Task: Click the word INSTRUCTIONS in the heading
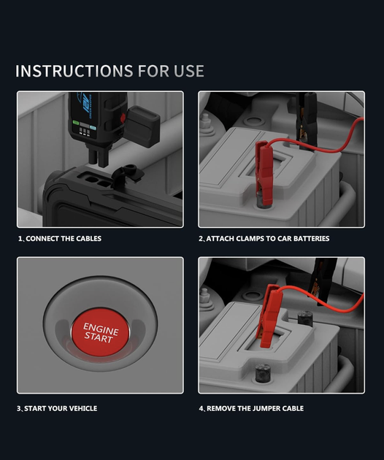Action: pos(74,71)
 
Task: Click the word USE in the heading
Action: pos(189,71)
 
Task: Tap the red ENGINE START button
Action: pos(100,332)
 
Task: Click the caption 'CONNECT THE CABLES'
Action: pos(64,239)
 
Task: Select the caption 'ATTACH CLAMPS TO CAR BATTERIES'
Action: pos(267,239)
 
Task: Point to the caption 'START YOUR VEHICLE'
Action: pos(61,408)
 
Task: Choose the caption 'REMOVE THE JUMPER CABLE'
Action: pos(255,408)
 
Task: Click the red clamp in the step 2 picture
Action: pos(264,172)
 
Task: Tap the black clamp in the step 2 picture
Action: pos(307,120)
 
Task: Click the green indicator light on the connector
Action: pos(76,123)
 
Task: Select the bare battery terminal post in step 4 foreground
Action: pos(263,372)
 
